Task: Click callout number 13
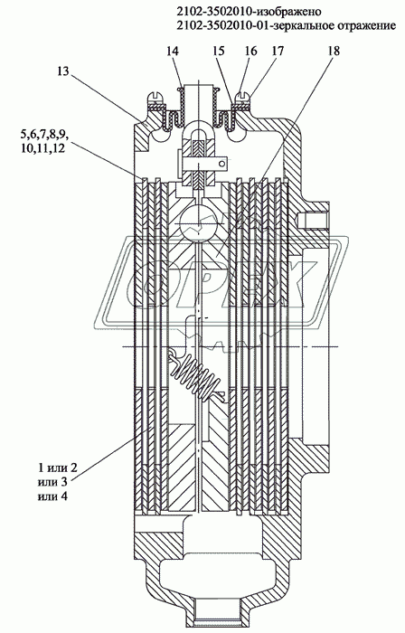click(x=63, y=71)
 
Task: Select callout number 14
click(x=173, y=51)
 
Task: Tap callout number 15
click(x=218, y=51)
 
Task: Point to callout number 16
click(x=250, y=51)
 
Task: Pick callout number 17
click(x=278, y=51)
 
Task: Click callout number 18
click(x=333, y=51)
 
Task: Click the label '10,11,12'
click(x=42, y=148)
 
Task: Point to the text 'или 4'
click(x=52, y=496)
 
